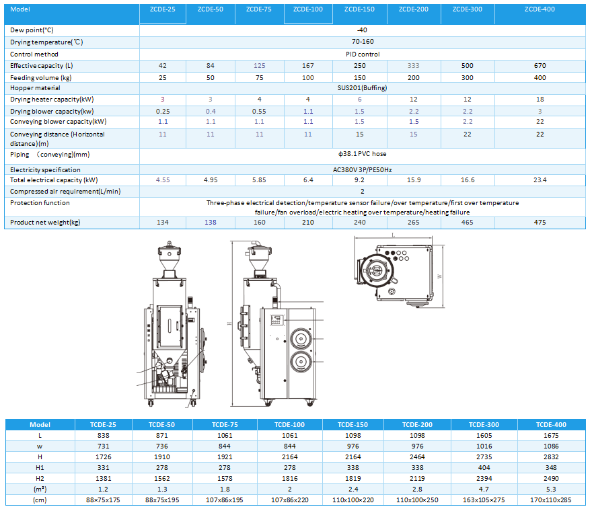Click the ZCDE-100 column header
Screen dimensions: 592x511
coord(308,9)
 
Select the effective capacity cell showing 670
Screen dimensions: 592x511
coord(540,66)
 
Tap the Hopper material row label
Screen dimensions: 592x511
coord(35,88)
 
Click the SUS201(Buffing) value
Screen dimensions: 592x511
coord(362,88)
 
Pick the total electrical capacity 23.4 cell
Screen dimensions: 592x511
coord(540,180)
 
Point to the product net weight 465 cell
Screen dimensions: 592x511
coord(467,223)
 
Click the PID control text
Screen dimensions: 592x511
coord(363,54)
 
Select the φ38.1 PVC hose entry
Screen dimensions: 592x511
coord(362,154)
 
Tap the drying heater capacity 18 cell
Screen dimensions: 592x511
coord(540,100)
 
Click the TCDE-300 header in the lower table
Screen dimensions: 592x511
coord(484,424)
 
